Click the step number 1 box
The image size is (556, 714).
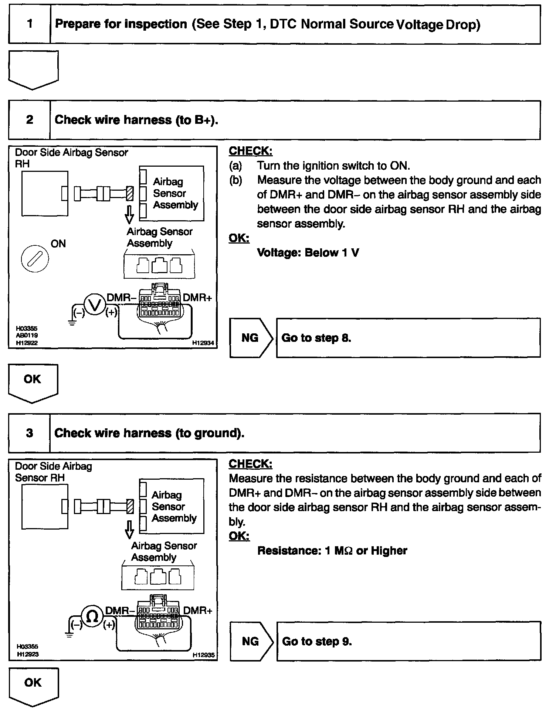(x=30, y=24)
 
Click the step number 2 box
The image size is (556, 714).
(x=30, y=120)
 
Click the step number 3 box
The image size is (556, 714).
(x=30, y=433)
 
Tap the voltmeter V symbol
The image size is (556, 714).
(x=95, y=305)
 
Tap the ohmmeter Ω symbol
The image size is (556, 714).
(x=92, y=616)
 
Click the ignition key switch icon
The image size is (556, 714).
(x=35, y=258)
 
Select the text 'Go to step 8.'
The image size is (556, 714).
(x=316, y=338)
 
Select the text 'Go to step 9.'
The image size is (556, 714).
(x=316, y=641)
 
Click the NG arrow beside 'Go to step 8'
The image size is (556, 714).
(x=251, y=338)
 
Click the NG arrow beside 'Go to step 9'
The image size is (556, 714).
(x=251, y=641)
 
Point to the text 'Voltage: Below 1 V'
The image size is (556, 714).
(x=308, y=253)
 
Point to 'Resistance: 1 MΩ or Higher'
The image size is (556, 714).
(x=332, y=551)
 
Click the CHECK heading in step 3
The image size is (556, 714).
(x=250, y=464)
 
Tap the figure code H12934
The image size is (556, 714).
(x=203, y=343)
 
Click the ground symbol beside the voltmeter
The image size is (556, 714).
(x=72, y=323)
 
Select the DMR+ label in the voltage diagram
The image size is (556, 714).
(x=197, y=297)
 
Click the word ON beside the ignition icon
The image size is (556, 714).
(x=58, y=244)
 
